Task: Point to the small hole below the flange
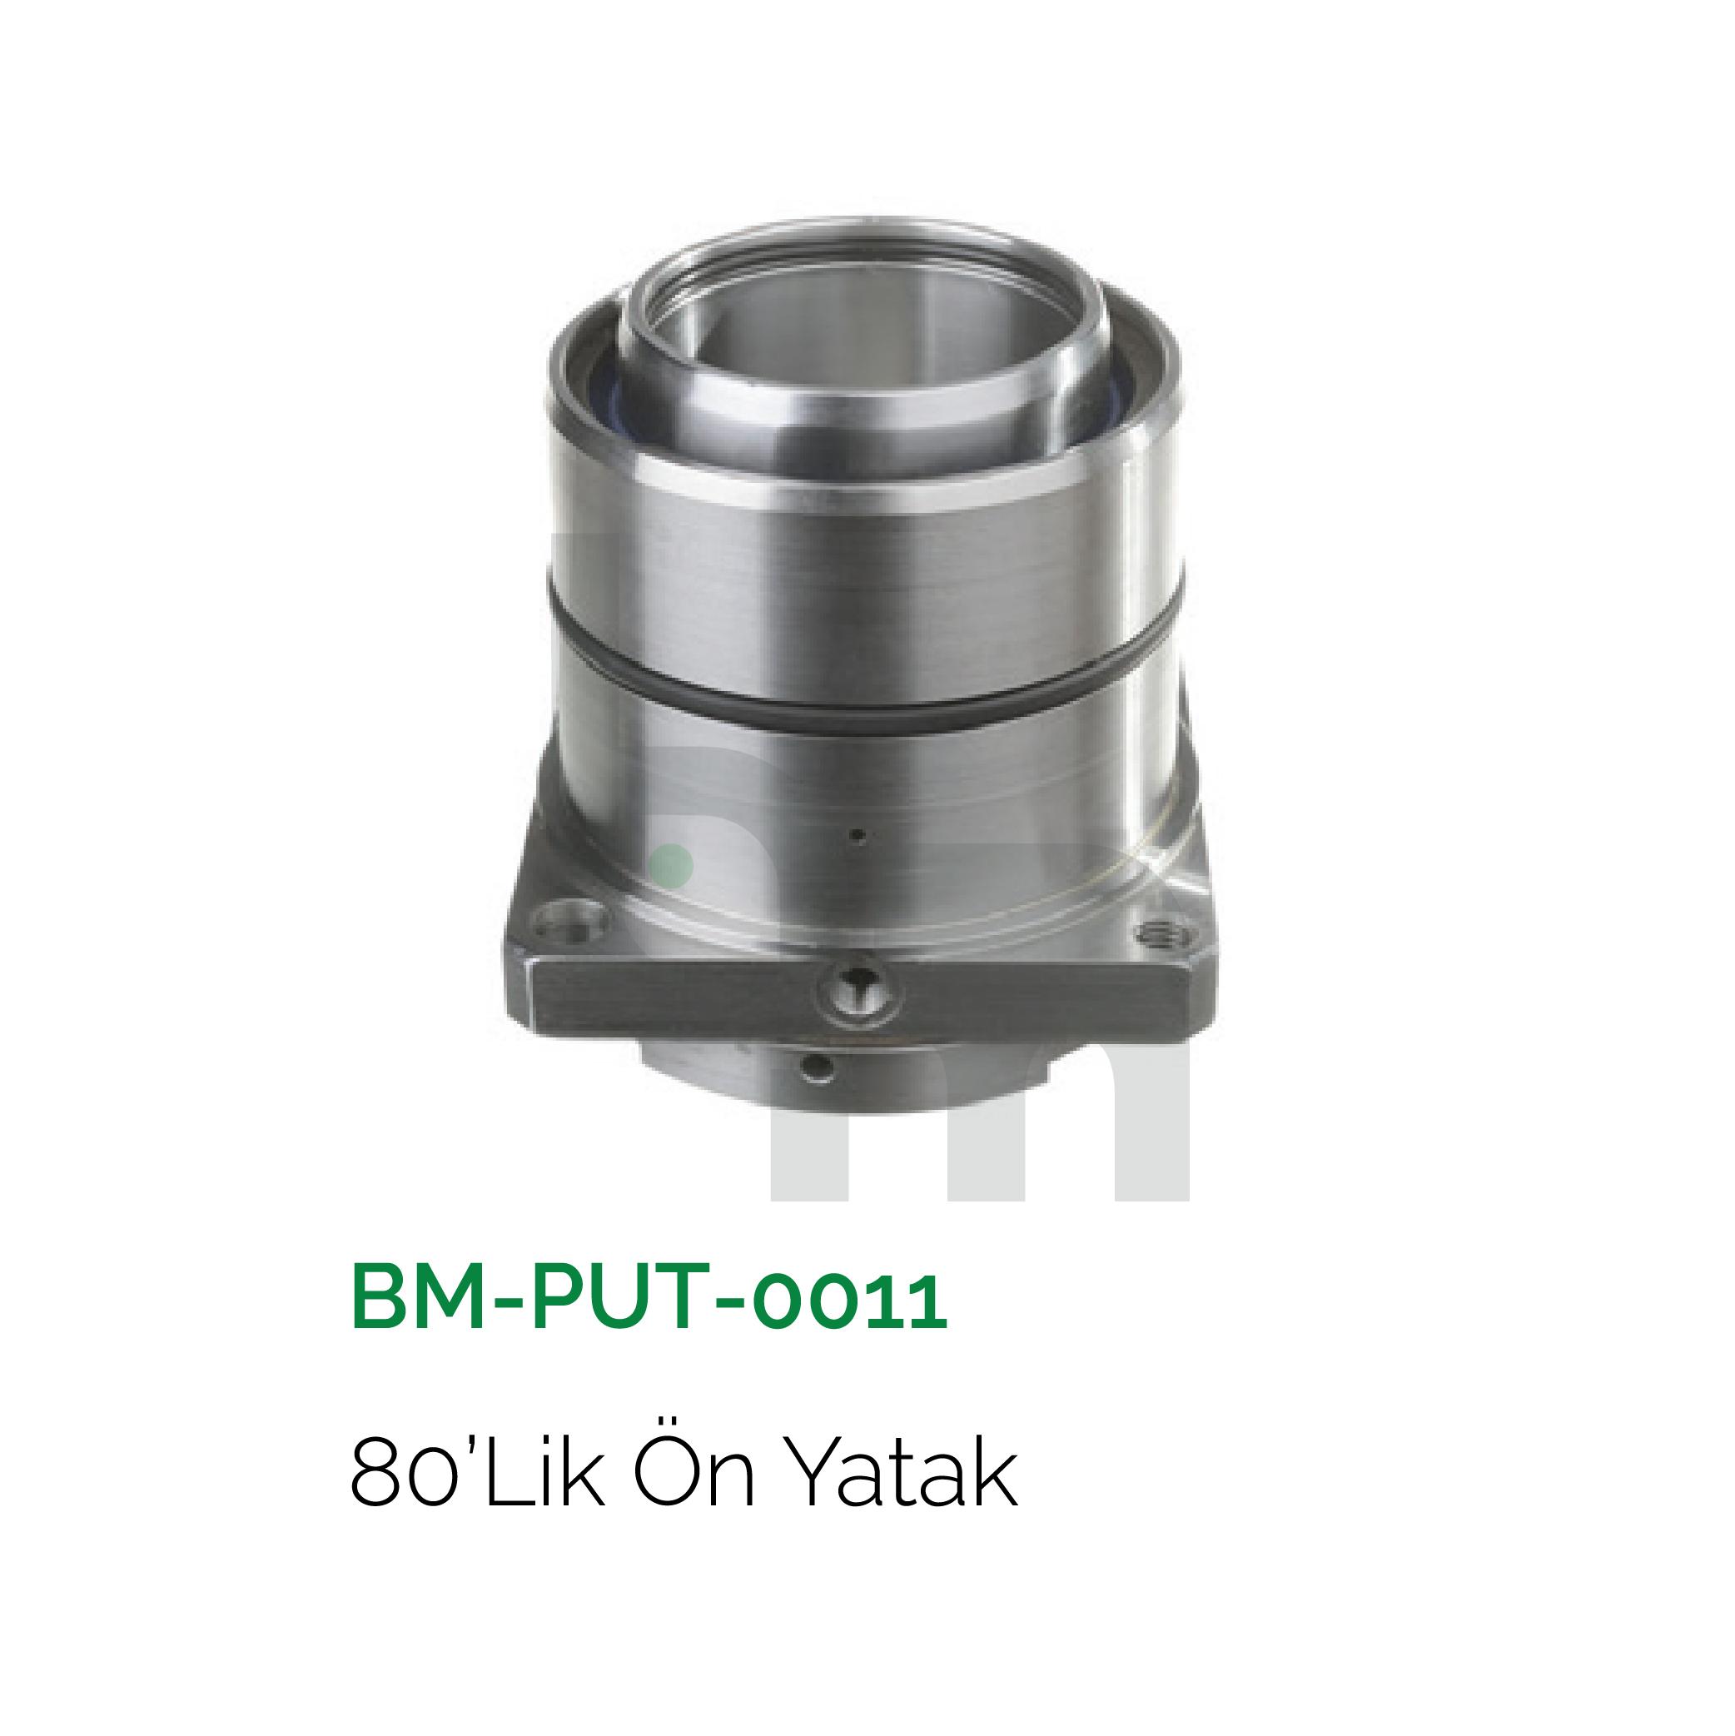tap(818, 1067)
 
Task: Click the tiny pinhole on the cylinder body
tap(859, 836)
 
